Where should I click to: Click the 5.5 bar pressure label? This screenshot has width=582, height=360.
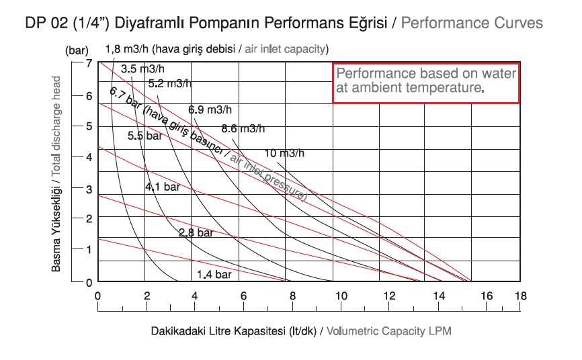[145, 136]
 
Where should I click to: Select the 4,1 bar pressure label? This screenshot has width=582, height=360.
[163, 187]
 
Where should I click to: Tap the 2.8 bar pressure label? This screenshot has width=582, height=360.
[196, 233]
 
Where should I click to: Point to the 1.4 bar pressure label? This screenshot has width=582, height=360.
[214, 275]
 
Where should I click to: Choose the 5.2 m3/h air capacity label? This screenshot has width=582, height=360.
[169, 84]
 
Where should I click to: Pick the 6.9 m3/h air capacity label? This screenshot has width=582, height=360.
[210, 109]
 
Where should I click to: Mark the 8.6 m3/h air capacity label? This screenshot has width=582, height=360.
[243, 128]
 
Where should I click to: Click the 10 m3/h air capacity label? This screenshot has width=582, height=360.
[284, 153]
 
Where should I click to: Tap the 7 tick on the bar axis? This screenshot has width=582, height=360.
[89, 62]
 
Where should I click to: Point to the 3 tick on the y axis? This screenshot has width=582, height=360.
[89, 189]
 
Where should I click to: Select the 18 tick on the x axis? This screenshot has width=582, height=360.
[520, 295]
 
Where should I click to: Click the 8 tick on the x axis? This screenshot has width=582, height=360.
[293, 295]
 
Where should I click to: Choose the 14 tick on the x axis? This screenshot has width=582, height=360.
[440, 295]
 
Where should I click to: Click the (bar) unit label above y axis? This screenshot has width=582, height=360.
[77, 50]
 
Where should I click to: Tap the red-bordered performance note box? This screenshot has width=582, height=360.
[426, 83]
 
